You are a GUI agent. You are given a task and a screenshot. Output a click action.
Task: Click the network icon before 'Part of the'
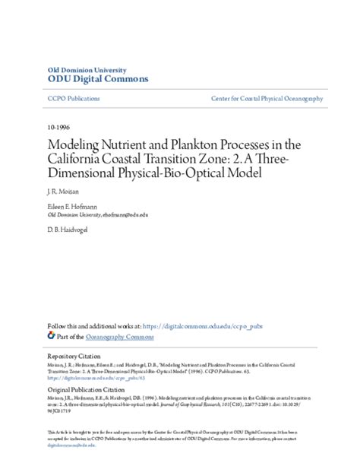tap(51, 334)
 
